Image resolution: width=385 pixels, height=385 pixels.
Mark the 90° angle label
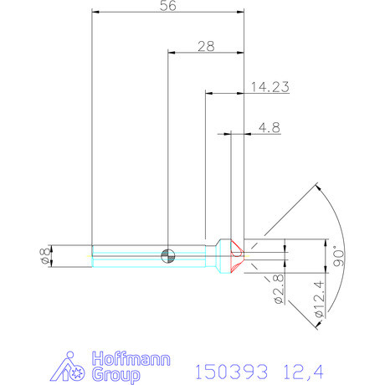point(338,255)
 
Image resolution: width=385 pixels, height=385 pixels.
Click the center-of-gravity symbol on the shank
point(169,255)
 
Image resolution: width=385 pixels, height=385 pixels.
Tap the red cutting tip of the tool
point(238,252)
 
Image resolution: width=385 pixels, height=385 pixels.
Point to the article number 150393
point(230,369)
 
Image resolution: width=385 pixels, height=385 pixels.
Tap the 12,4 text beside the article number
point(302,369)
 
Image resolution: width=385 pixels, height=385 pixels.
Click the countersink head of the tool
point(224,254)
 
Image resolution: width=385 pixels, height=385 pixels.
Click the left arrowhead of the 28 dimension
point(172,52)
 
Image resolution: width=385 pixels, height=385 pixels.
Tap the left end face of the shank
point(92,255)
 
